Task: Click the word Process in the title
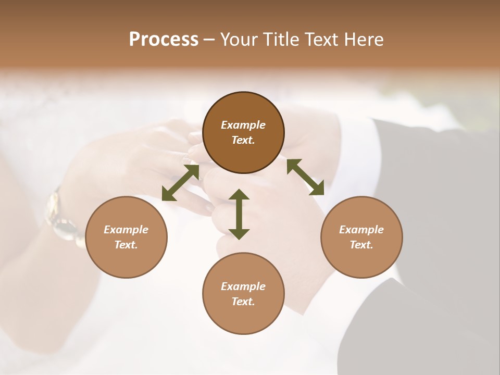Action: (x=164, y=39)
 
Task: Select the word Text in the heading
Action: (x=320, y=39)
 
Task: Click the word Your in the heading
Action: (x=240, y=39)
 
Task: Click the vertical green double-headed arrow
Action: (x=239, y=214)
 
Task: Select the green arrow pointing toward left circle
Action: (x=180, y=182)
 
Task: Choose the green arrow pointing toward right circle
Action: (x=306, y=177)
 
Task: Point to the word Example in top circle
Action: (x=243, y=125)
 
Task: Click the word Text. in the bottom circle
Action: (x=243, y=302)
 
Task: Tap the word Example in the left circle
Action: (x=126, y=230)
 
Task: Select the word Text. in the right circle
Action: (x=361, y=245)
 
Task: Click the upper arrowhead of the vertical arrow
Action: (x=239, y=195)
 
